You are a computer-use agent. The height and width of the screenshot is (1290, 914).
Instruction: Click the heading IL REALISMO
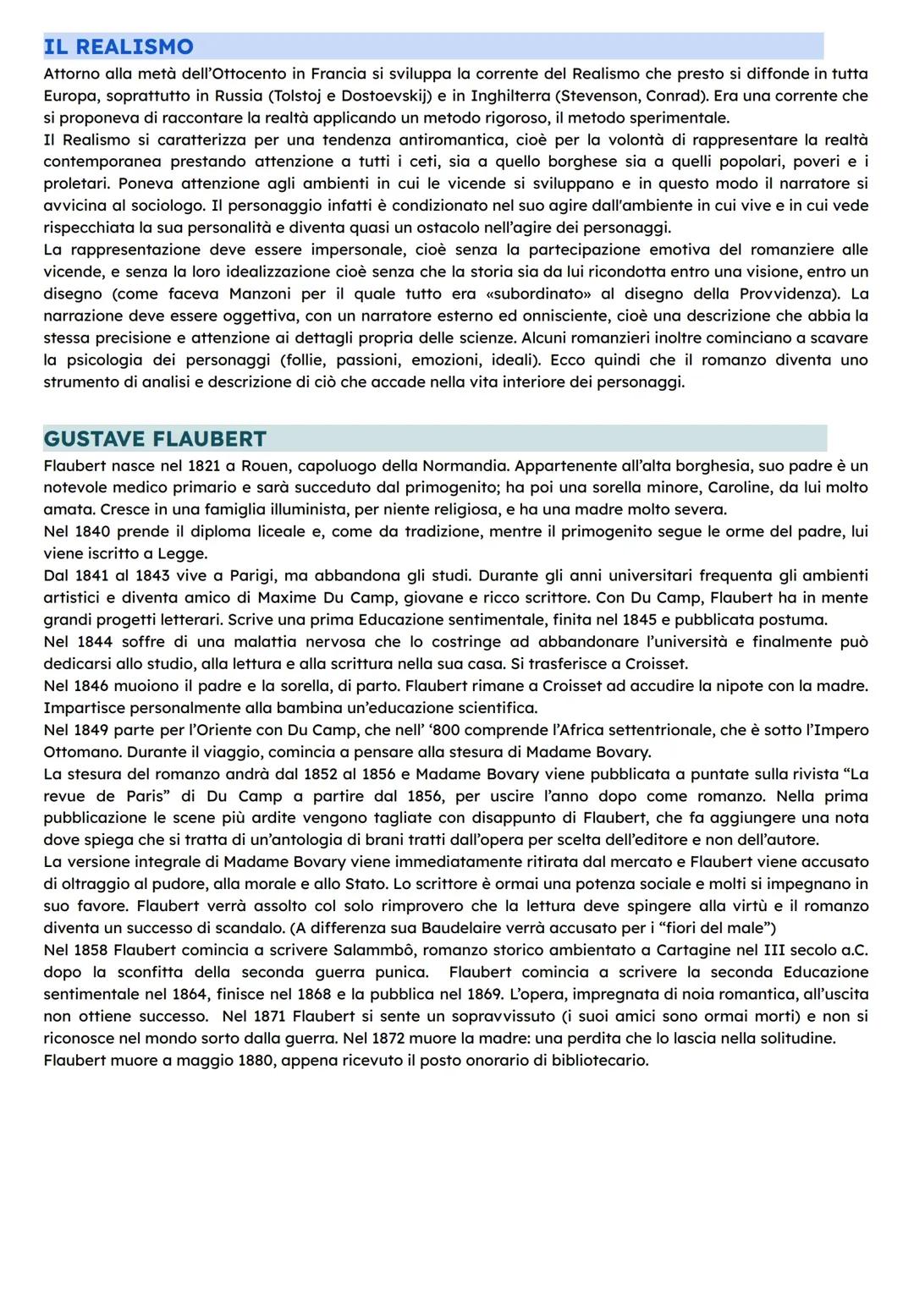pyautogui.click(x=118, y=47)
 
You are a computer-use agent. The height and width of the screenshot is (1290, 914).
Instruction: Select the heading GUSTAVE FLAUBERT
pyautogui.click(x=155, y=439)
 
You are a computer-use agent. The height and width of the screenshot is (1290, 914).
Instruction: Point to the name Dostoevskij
pyautogui.click(x=385, y=96)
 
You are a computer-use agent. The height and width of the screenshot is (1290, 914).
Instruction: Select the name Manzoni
pyautogui.click(x=262, y=294)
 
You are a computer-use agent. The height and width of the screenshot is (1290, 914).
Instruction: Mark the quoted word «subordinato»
pyautogui.click(x=536, y=294)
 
